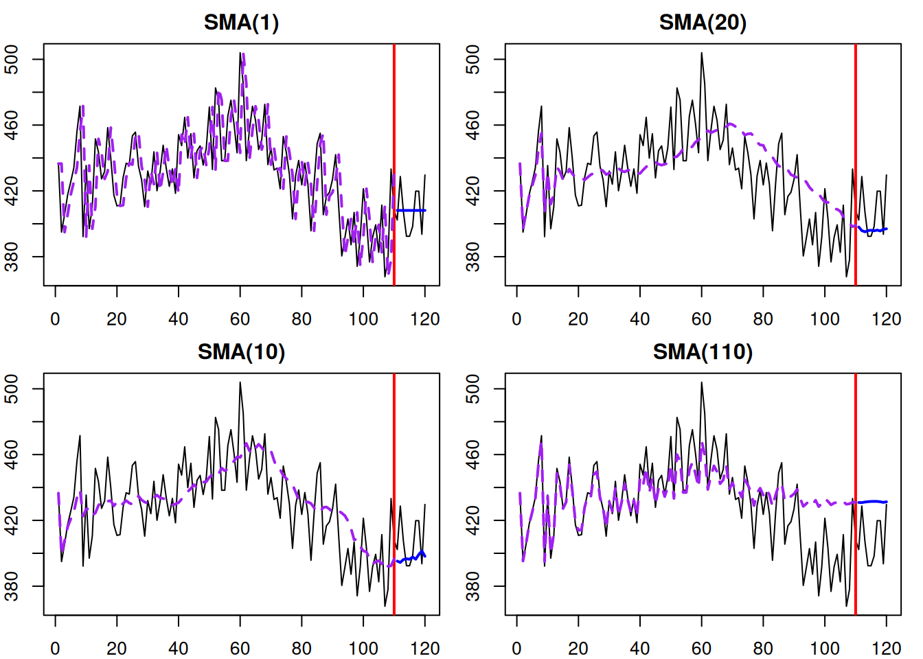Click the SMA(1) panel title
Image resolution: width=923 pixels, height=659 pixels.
pos(241,23)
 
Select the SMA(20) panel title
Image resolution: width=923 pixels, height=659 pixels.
pos(702,23)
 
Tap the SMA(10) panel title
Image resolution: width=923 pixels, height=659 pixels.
pos(241,352)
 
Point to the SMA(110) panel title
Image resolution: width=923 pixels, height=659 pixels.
pos(702,352)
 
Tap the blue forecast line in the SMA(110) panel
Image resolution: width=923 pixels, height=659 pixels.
pos(872,502)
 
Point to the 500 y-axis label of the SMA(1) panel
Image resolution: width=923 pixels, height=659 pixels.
pos(12,59)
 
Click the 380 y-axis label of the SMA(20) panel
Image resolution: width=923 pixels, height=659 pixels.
pos(473,257)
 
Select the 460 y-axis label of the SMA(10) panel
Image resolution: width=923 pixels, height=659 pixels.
pos(12,454)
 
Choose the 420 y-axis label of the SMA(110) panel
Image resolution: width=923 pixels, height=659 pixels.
pos(473,520)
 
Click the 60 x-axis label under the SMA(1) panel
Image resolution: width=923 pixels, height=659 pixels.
pos(240,319)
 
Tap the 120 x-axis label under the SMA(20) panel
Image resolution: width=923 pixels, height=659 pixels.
pos(886,319)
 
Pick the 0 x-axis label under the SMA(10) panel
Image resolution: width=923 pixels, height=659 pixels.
pos(56,649)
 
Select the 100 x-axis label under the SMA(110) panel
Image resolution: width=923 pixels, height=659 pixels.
pos(824,649)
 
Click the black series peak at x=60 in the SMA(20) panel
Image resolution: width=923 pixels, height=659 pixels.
pos(701,53)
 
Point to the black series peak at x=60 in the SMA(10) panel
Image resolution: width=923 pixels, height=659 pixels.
pos(240,382)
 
